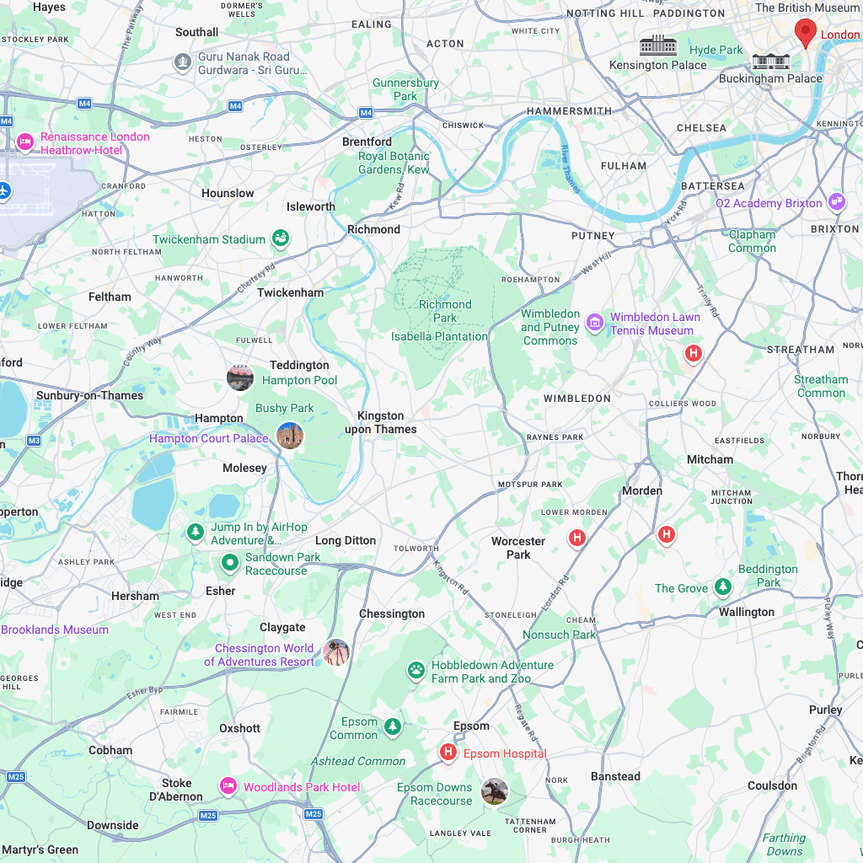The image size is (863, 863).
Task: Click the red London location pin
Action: (806, 32)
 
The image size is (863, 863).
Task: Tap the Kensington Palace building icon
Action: (658, 46)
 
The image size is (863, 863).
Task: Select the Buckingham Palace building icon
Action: (770, 61)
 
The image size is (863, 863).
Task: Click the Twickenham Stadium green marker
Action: (281, 239)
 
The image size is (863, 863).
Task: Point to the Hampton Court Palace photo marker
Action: (290, 435)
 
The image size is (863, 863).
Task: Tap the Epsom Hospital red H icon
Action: (448, 751)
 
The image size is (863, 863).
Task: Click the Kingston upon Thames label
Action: (381, 422)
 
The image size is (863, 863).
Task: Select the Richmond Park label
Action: (445, 311)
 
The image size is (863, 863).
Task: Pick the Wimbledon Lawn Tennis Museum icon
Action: (595, 321)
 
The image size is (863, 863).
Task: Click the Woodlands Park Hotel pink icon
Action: (228, 785)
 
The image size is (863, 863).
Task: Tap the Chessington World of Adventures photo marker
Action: (336, 652)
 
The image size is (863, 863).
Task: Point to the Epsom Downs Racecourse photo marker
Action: (495, 791)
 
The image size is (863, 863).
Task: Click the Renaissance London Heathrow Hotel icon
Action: (25, 142)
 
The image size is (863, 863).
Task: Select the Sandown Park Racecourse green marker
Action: (229, 562)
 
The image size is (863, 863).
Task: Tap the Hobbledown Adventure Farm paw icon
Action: (416, 670)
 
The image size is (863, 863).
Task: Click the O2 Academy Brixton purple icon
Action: (836, 202)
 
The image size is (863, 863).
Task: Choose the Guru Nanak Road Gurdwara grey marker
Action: (183, 62)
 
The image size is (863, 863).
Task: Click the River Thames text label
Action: (571, 169)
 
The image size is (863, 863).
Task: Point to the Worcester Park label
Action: (518, 548)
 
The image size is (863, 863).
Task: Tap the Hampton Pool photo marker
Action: (240, 378)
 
